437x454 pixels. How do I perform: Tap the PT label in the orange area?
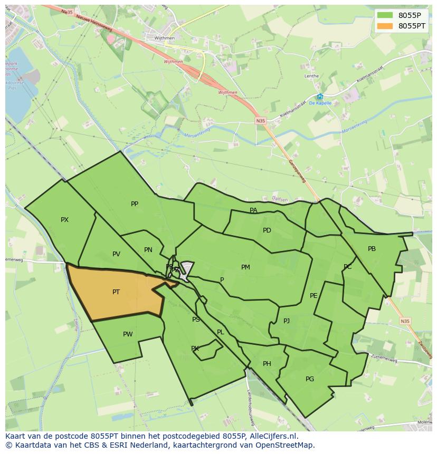point(116,292)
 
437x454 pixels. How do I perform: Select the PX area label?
point(64,220)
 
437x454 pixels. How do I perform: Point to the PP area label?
point(135,204)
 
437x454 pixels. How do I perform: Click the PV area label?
point(116,254)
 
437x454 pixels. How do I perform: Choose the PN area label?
point(148,250)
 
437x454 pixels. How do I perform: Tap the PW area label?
point(128,334)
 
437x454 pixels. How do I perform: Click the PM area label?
point(245,267)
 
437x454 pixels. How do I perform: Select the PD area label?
point(267,230)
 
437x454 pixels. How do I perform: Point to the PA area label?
point(253,210)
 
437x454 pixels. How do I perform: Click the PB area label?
point(372,249)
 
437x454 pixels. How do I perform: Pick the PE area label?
point(313,296)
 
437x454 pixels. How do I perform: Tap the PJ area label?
point(287,321)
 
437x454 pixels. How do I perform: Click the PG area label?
point(310,379)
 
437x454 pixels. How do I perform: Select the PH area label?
point(267,364)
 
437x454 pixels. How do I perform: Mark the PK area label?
point(195,349)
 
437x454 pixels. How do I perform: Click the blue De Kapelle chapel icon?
point(320,96)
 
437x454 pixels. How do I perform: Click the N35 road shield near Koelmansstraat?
point(261,121)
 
